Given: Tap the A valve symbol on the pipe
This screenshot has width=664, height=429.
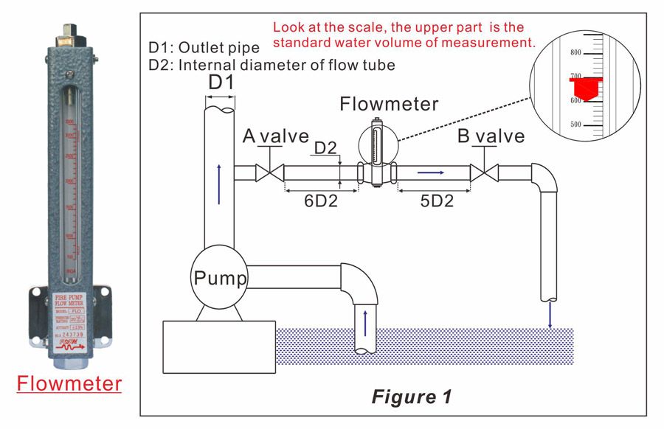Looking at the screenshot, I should (x=269, y=174).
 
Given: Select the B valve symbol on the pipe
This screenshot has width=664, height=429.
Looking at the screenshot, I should (x=484, y=174).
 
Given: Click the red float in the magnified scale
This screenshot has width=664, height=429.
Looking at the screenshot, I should (x=585, y=88).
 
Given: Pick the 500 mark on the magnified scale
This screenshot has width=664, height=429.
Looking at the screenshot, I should (x=576, y=125).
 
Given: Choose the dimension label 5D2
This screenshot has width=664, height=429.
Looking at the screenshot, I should (x=435, y=200).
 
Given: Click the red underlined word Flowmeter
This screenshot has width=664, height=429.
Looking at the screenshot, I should (x=69, y=384).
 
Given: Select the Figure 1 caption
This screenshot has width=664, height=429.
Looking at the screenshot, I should (x=411, y=397).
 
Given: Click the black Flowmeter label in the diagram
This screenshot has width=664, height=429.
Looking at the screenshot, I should (x=389, y=104).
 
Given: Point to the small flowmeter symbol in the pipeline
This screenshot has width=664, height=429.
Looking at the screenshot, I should (x=377, y=151).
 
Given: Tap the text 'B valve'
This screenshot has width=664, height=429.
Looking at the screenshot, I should (x=491, y=136).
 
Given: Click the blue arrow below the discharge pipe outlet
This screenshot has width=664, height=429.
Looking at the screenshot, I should (x=550, y=314).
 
